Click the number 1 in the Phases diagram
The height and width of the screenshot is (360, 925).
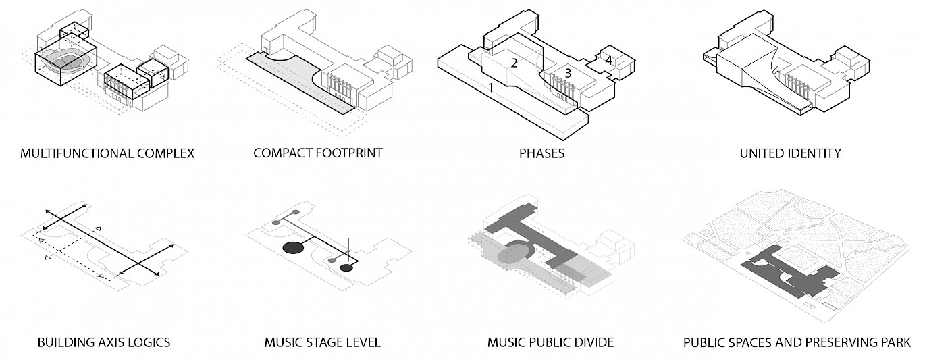[x=492, y=88]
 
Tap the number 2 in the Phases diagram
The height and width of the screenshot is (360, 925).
[x=514, y=63]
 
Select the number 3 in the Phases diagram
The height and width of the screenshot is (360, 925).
[x=569, y=72]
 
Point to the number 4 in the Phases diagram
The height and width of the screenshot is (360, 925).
[x=608, y=61]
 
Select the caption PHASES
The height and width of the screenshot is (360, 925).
[x=541, y=153]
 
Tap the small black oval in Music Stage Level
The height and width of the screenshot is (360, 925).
[x=346, y=268]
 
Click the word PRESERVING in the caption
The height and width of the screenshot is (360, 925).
[x=838, y=342]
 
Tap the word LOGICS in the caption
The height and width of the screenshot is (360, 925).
[x=147, y=342]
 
